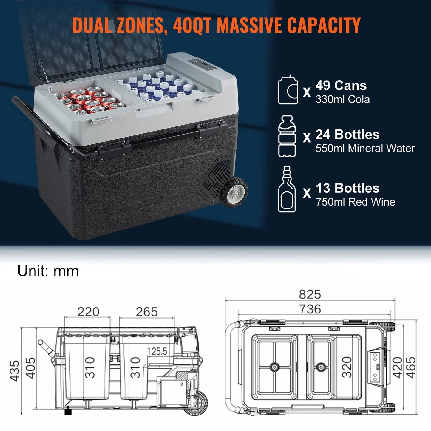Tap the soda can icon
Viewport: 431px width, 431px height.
tap(288, 90)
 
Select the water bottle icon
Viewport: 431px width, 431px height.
tap(287, 136)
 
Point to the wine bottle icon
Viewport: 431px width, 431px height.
tap(287, 190)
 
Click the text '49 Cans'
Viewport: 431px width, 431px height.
tap(341, 86)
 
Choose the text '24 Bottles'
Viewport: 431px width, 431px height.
tap(347, 135)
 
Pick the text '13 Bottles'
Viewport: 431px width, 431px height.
tap(347, 188)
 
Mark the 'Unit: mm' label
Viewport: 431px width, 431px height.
tap(48, 271)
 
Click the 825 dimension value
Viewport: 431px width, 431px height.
tap(310, 294)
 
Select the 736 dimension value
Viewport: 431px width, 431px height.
tap(310, 309)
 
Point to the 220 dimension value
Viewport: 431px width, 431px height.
tap(88, 312)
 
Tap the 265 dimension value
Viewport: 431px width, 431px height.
tap(146, 312)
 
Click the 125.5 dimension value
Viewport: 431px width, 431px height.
tap(157, 351)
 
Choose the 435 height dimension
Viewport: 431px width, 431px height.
tap(15, 371)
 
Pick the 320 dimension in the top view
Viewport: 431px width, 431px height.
tap(347, 367)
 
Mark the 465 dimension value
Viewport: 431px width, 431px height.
tap(410, 367)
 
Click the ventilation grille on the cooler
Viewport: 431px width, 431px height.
tap(216, 177)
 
